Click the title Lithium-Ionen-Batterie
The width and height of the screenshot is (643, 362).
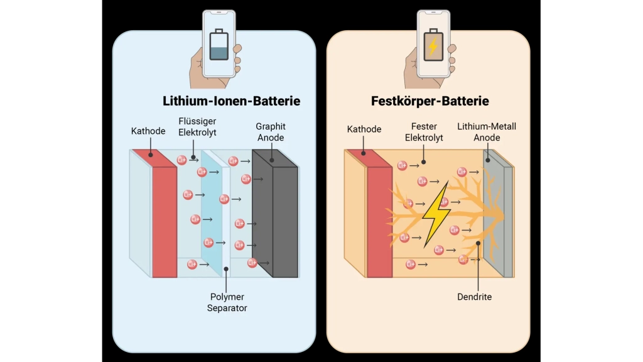231,101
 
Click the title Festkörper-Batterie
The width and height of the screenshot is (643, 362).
430,101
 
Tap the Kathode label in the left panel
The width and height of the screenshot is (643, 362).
148,131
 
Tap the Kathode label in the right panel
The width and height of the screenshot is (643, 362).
364,129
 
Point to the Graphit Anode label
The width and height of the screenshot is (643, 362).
271,132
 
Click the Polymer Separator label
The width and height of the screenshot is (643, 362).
227,302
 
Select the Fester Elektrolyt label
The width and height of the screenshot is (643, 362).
424,132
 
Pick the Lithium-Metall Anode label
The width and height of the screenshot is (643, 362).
487,132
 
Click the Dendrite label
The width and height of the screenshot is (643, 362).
475,297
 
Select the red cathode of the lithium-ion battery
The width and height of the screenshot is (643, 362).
165,220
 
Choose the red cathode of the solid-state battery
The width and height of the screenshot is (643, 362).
379,220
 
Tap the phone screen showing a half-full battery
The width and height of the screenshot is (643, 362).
219,45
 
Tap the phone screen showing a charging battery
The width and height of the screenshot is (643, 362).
433,45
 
